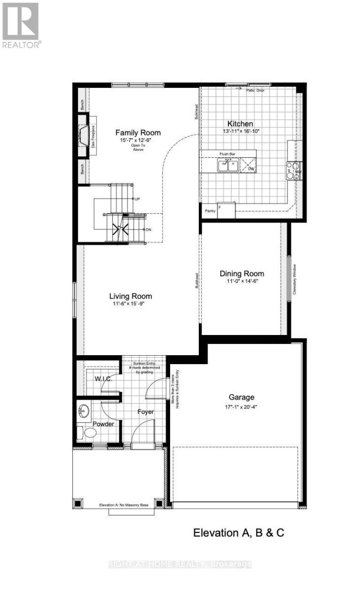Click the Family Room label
click(x=138, y=133)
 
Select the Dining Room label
click(x=242, y=274)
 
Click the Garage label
click(x=241, y=397)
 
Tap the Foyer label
click(x=145, y=411)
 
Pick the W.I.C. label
click(x=104, y=379)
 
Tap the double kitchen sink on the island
click(x=228, y=165)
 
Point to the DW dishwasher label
click(x=251, y=169)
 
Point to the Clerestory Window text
click(x=294, y=279)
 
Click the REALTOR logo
click(x=21, y=25)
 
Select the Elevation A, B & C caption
click(x=239, y=533)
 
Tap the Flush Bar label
click(x=227, y=154)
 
